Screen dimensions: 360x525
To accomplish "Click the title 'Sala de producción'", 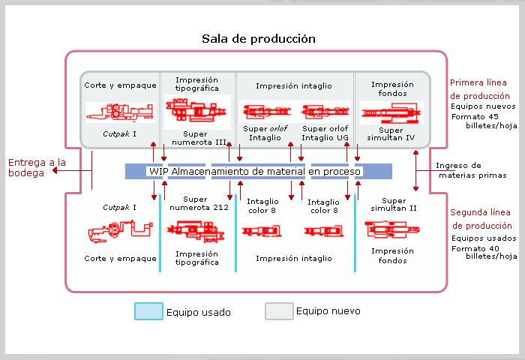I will pos(258,38).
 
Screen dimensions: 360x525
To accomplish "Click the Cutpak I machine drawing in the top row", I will pos(120,112).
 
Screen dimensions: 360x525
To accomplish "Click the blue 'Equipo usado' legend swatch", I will pos(148,311).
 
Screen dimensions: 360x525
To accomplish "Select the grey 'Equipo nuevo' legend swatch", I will pos(278,311).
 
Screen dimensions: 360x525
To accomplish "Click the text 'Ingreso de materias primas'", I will pos(471,170).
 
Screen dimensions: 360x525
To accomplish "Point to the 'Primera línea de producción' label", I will pos(479,89).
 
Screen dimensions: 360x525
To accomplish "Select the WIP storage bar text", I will pos(255,172).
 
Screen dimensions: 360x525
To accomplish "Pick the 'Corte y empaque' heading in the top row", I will pos(120,85).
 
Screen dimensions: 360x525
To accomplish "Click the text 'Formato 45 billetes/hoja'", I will pos(484,121).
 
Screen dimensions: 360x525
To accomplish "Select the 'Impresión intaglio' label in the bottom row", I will pos(293,258).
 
